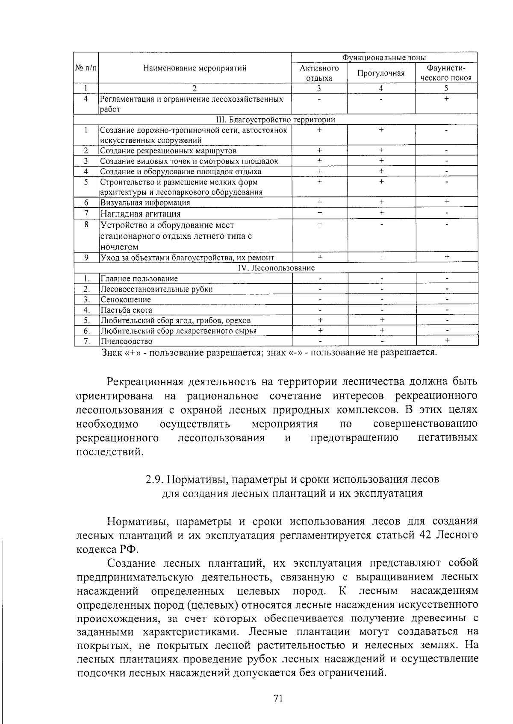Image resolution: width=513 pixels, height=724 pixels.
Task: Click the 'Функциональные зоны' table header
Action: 384,58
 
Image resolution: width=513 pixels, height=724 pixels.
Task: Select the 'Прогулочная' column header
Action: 381,73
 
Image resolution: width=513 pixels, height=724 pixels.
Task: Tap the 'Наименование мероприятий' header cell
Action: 195,68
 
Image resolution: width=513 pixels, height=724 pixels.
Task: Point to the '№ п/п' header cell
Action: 86,68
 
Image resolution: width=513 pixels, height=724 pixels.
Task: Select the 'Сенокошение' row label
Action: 126,299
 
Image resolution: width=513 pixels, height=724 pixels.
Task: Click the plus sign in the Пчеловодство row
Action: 447,340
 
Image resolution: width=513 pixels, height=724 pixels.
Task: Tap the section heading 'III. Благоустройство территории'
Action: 276,120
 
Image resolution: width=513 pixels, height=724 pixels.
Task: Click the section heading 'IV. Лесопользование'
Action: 276,268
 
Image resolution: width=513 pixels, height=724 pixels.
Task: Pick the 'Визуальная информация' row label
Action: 145,203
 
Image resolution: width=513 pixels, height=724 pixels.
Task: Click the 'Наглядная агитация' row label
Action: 140,214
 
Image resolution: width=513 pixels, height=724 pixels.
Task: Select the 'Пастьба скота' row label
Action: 126,310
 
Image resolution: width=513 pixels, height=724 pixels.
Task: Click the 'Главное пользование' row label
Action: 139,278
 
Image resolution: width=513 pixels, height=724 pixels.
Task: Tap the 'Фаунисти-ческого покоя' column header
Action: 446,73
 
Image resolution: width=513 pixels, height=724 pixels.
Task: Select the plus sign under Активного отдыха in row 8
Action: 319,224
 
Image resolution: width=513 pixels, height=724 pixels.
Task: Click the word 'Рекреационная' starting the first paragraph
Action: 145,381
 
